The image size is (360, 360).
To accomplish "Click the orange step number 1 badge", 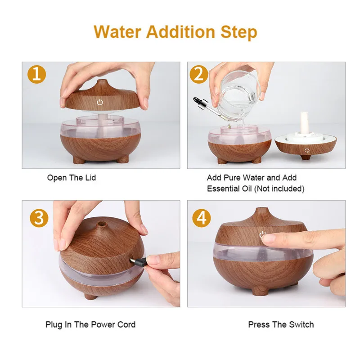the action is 37,74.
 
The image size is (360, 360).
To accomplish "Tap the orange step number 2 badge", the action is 199,74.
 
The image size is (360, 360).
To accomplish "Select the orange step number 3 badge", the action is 39,218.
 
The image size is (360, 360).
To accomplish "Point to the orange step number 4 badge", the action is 201,218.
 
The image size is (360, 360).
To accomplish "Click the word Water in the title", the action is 117,31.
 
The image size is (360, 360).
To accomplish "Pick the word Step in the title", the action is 239,32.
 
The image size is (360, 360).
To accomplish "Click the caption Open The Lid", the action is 72,177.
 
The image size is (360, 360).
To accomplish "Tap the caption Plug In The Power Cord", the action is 90,324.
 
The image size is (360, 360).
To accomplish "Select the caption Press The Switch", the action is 281,324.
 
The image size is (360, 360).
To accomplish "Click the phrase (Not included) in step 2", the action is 279,189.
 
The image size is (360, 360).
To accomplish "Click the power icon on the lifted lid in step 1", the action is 99,102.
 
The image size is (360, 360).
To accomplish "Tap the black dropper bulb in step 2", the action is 197,100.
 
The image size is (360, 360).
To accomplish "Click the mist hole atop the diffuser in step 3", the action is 100,223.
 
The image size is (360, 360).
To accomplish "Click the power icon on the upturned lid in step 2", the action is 307,151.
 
